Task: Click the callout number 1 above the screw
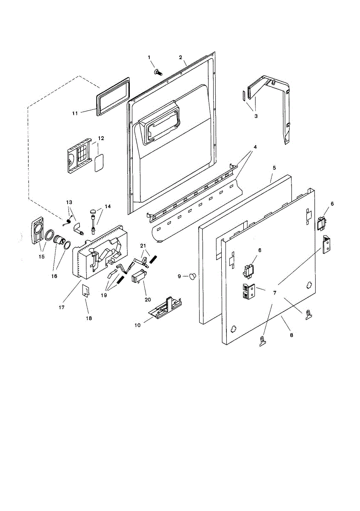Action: pyautogui.click(x=149, y=57)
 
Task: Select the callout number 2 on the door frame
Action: pyautogui.click(x=180, y=57)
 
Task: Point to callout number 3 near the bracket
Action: pyautogui.click(x=256, y=116)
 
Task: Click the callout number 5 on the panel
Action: pyautogui.click(x=274, y=168)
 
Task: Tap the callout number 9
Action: pyautogui.click(x=180, y=276)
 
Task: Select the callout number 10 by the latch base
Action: pyautogui.click(x=137, y=325)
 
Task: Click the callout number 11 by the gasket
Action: pyautogui.click(x=75, y=113)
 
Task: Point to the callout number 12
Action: pyautogui.click(x=101, y=138)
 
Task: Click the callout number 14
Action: pyautogui.click(x=108, y=206)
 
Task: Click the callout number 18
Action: pyautogui.click(x=89, y=318)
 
